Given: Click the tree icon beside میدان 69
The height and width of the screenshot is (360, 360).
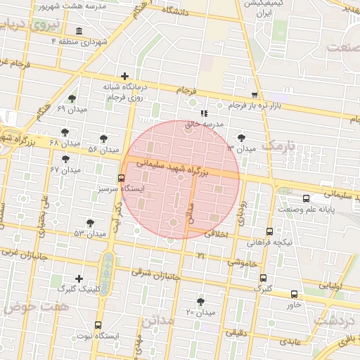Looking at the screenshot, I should tap(72, 98).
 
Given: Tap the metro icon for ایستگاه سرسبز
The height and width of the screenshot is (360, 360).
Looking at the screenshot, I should tap(122, 178).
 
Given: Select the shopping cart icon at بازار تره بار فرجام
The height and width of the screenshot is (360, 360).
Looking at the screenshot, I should tap(254, 94).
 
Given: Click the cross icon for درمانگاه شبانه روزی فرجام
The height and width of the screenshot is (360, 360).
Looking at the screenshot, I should tap(124, 76).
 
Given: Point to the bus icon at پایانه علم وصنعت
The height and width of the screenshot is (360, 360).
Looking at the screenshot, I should tap(306, 198).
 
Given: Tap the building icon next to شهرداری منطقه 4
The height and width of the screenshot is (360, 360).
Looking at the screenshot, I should tap(78, 32).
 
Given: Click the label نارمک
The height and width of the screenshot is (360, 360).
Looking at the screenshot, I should tap(281, 146).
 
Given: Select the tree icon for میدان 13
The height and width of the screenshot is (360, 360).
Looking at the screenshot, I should tap(243, 138).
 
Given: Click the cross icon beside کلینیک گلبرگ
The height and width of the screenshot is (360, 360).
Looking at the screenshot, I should tap(78, 278).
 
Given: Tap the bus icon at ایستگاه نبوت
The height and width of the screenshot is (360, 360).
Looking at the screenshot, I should tap(97, 325).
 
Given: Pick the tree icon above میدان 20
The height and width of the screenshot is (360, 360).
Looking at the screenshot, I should tap(201, 302).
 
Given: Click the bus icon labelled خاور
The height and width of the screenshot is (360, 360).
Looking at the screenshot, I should tap(293, 294).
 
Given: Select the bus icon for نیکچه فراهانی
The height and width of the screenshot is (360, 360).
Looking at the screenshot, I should tap(269, 231).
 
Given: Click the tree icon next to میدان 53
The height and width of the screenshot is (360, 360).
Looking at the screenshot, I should tap(89, 223).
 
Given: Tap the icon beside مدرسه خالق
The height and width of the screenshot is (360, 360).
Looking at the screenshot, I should tap(204, 112).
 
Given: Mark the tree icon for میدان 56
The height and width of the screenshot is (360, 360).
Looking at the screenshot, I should tap(104, 139).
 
